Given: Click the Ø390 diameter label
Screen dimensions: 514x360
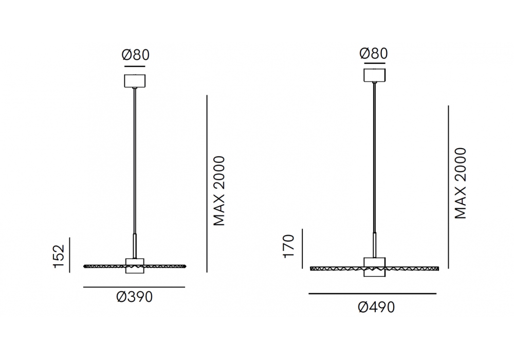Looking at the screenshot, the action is pos(134,297).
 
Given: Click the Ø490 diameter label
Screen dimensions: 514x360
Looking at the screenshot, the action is pos(376,307).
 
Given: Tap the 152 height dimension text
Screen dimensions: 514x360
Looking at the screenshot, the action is pos(59,257).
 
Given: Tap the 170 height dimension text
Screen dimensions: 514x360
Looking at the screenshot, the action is pos(289,246).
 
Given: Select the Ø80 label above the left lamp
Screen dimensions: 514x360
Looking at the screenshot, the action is pos(135,55).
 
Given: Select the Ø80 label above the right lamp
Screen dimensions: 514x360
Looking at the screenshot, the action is pos(373,53).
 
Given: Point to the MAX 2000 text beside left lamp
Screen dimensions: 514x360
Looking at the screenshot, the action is pos(219,191).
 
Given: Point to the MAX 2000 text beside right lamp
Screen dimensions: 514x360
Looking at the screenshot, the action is pos(461,183).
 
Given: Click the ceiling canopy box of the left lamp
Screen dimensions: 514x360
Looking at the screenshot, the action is pos(135,81).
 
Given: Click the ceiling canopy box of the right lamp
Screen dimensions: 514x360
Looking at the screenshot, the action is pos(375,75).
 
